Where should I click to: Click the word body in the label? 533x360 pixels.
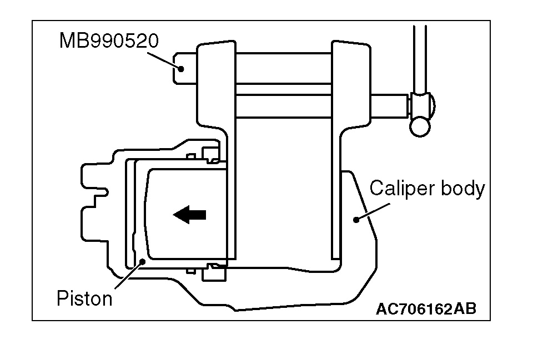coord(462,189)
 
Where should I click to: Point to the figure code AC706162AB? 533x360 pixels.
coord(426,310)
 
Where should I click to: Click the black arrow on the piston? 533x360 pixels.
coord(189,214)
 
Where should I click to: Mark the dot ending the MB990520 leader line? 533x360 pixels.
coord(182,68)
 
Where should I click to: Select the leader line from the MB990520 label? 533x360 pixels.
coord(165,60)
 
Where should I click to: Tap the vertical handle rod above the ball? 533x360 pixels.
coord(420,55)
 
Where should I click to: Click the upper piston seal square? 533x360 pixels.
coord(210,153)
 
